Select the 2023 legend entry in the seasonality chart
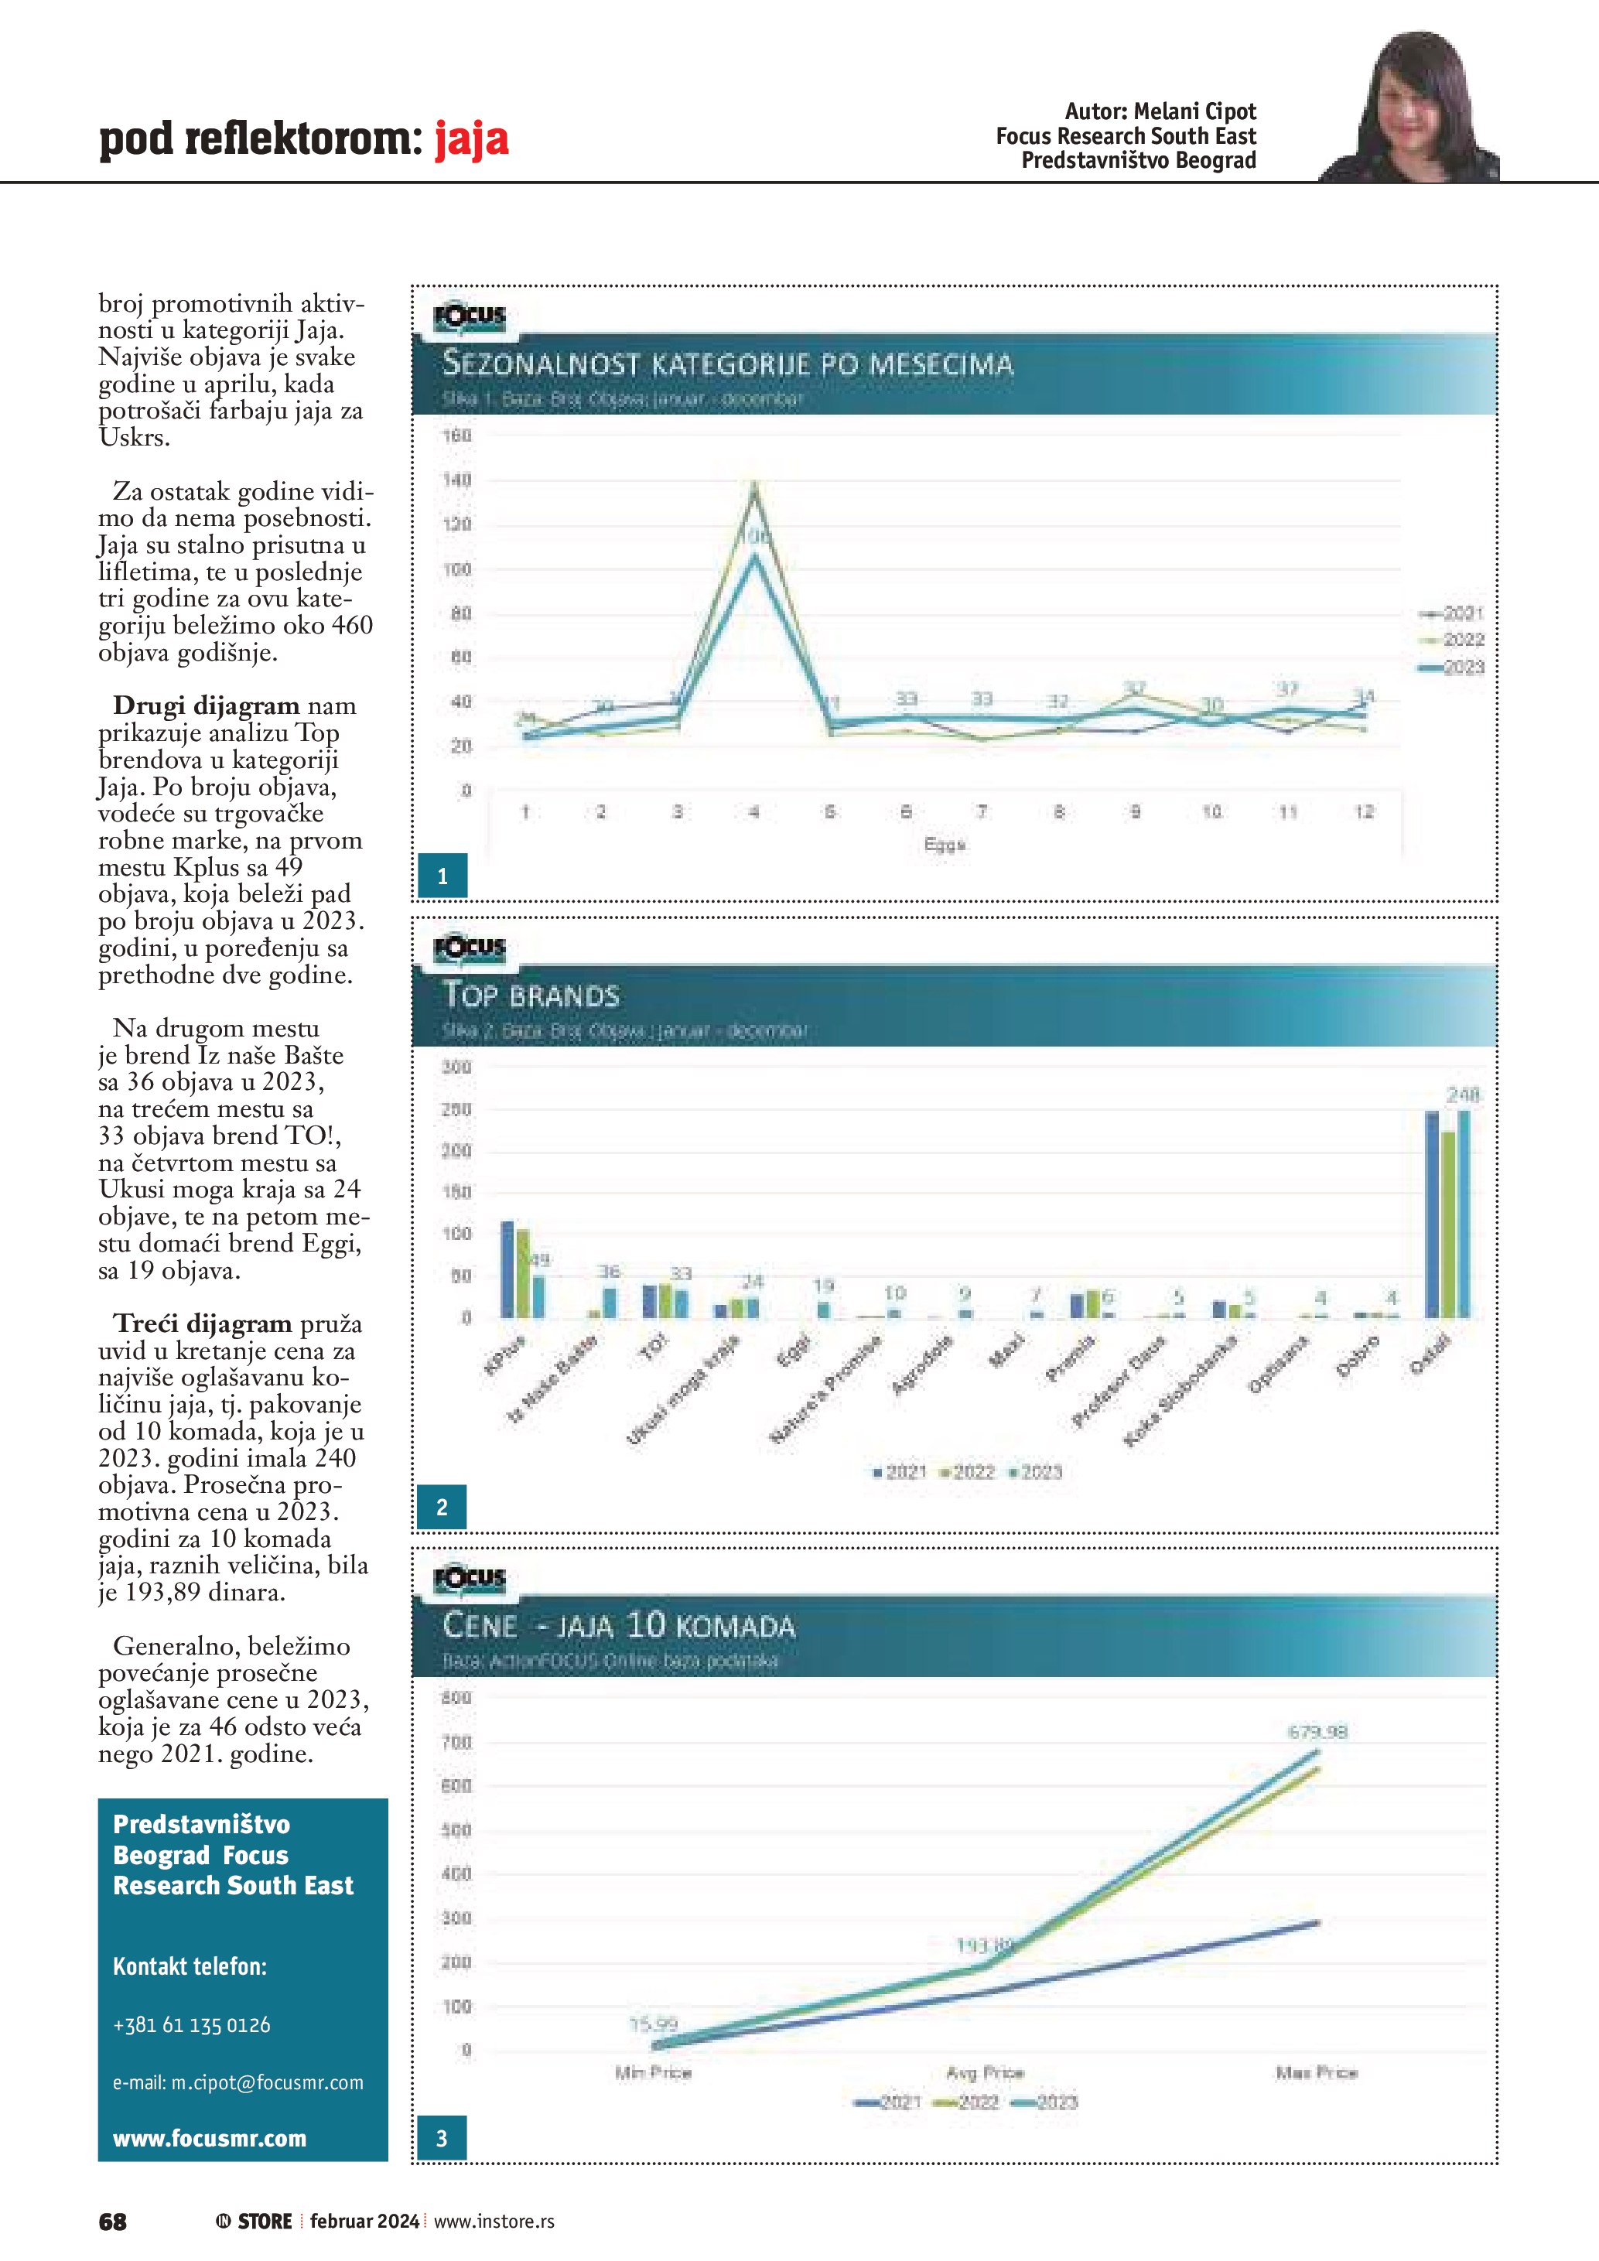pos(1451,668)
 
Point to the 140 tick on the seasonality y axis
pos(458,480)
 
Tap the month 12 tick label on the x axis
pos(1364,812)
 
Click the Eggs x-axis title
pos(945,845)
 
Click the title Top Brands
pos(531,996)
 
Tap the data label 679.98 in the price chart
pos(1317,1731)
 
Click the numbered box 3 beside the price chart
pos(441,2138)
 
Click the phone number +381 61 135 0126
pos(192,2024)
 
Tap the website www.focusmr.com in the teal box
pos(210,2138)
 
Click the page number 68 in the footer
pos(113,2221)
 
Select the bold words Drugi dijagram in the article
pos(206,706)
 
